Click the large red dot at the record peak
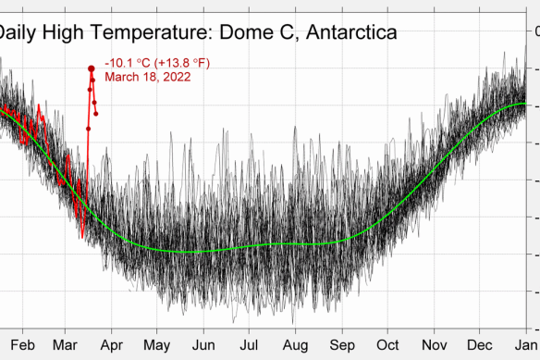(x=92, y=68)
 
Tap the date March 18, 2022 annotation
(x=148, y=77)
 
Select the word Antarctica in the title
(x=350, y=32)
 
